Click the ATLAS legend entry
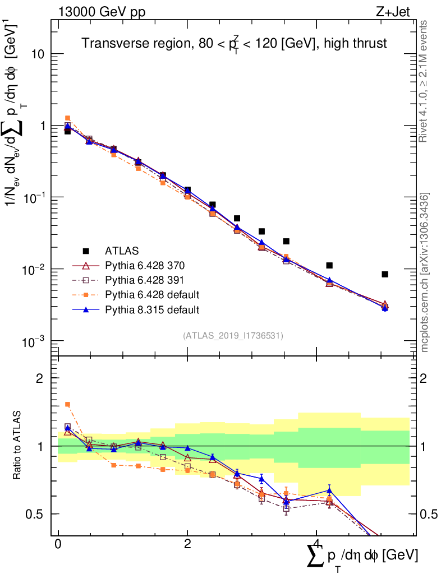point(121,250)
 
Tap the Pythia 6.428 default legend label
point(151,294)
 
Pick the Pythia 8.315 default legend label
point(151,309)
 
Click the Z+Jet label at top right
point(403,11)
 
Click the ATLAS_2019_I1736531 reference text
point(233,336)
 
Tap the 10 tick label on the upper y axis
point(39,54)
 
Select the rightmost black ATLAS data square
point(384,274)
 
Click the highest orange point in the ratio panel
point(68,404)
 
